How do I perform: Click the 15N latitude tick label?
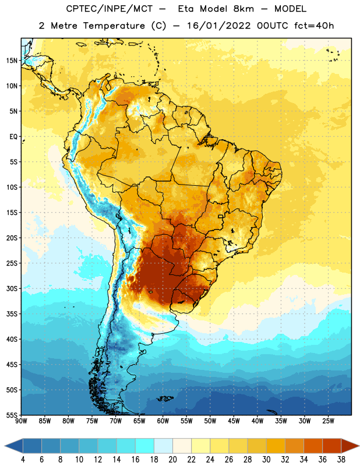click(12, 61)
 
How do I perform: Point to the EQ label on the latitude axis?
click(13, 137)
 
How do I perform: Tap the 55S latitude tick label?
click(12, 415)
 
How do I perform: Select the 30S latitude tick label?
click(12, 288)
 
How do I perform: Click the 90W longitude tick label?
click(21, 421)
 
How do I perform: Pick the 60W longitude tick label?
click(163, 421)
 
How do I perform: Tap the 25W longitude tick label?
click(328, 421)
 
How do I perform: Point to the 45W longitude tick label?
click(234, 421)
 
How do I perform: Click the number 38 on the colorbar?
click(341, 460)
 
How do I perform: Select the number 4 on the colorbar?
click(23, 460)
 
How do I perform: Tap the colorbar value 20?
click(172, 460)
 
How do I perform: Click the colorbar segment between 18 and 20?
click(163, 446)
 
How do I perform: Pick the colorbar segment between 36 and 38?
click(332, 446)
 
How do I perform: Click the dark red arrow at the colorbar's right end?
click(350, 446)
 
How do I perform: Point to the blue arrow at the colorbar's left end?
click(14, 446)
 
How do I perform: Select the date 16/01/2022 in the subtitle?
click(218, 26)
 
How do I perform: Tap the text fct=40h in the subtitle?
click(314, 26)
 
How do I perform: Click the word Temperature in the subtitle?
click(114, 26)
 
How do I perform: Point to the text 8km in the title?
click(243, 9)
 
